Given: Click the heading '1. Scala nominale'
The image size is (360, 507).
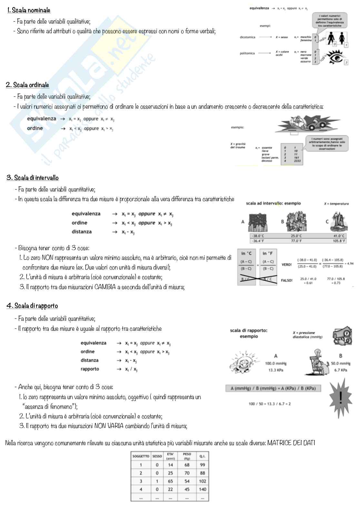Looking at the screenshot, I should click(29, 10).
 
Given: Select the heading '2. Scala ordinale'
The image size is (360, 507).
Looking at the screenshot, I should click(28, 85).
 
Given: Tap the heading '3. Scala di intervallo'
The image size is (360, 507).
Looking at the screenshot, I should click(33, 178).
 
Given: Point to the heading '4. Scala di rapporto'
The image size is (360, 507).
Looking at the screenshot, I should click(32, 306).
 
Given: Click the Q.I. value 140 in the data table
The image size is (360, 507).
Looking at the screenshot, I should click(202, 489).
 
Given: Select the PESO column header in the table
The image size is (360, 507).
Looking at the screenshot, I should click(187, 456).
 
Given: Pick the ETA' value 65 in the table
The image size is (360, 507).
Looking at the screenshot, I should click(170, 481).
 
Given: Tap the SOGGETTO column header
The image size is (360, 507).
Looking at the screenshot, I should click(141, 456).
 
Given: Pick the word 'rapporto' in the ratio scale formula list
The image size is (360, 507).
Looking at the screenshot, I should click(90, 369).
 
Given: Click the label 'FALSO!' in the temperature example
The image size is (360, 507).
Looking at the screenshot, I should click(286, 280).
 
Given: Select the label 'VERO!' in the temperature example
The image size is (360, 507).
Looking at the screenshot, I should click(286, 265).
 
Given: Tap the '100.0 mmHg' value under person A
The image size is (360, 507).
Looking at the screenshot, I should click(275, 363).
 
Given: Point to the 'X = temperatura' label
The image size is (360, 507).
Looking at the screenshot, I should click(336, 204).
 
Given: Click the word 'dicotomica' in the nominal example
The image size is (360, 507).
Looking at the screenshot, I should click(247, 37).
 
